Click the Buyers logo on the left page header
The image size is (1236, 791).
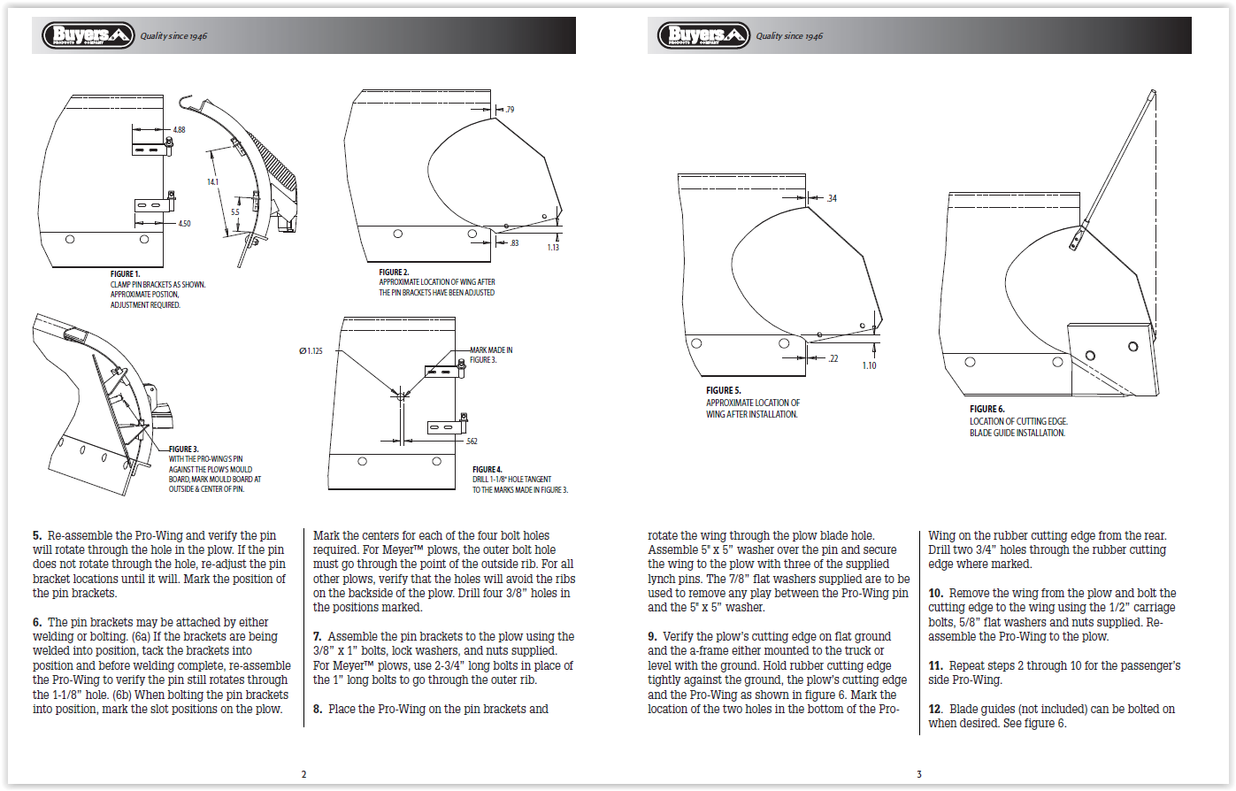coord(88,35)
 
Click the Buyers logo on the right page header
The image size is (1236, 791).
coord(703,35)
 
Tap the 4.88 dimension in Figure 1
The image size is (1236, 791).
coord(179,130)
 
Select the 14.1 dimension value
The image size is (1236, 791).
coord(212,181)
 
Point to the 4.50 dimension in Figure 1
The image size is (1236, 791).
coord(184,224)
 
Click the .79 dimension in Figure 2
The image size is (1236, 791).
coord(508,110)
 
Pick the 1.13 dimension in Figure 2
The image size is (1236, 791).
coord(553,248)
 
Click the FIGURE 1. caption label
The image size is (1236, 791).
coord(126,274)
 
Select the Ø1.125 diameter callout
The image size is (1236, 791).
coord(311,351)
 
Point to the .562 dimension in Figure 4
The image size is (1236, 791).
coord(472,440)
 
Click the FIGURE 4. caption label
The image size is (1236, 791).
coord(487,469)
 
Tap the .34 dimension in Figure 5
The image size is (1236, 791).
coord(831,199)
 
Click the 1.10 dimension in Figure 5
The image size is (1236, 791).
coord(869,365)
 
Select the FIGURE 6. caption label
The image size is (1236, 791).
coord(987,409)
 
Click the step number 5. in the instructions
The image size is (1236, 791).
coord(37,536)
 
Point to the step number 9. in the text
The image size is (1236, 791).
coord(653,637)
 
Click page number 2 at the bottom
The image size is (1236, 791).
coord(303,774)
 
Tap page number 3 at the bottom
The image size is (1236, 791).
coord(919,774)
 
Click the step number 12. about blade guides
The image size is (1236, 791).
coord(935,710)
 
